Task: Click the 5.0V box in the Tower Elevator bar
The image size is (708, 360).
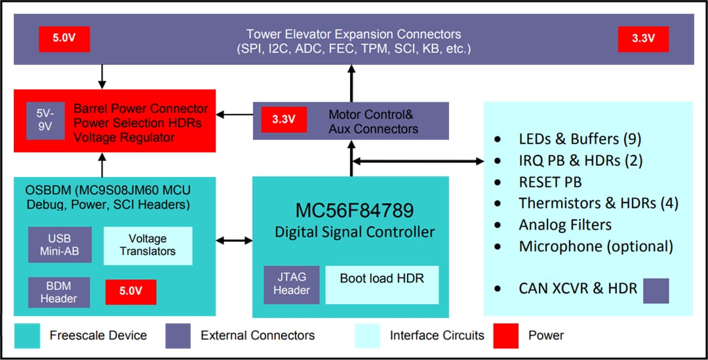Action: [x=64, y=39]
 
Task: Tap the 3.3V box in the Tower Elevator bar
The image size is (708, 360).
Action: [x=643, y=39]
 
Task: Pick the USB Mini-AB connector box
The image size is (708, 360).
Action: [x=60, y=245]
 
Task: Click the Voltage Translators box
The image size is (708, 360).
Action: [x=147, y=245]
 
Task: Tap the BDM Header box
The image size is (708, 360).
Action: [x=60, y=291]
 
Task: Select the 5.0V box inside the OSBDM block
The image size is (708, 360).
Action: [x=130, y=291]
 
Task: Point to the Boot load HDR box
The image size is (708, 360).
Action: [x=382, y=285]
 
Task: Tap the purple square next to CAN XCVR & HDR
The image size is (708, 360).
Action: [x=656, y=290]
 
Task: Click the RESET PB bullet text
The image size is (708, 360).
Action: [x=550, y=182]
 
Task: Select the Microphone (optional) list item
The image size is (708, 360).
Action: [x=595, y=246]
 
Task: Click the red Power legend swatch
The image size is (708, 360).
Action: [x=506, y=336]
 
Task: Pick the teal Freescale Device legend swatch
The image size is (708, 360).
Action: [x=27, y=336]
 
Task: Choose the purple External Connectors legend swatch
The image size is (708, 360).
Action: [x=178, y=336]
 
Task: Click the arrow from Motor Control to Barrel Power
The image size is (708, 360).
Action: [x=235, y=115]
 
